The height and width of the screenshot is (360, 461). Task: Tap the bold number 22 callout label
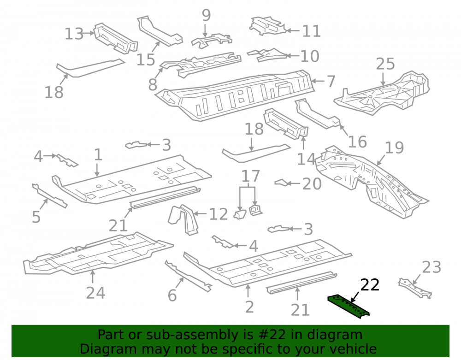pos(370,285)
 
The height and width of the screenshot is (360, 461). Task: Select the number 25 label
pos(385,64)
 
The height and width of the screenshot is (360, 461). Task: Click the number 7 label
pos(331,81)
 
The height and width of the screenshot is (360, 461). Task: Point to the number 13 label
pos(74,34)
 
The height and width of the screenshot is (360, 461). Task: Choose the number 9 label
pos(207,15)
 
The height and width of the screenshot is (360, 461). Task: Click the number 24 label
pos(95,293)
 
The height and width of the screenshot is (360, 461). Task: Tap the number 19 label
pos(394,148)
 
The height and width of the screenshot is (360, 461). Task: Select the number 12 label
pos(219,214)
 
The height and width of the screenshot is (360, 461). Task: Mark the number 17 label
pos(250,177)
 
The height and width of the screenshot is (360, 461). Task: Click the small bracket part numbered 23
pos(415,289)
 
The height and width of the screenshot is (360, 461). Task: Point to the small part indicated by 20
pos(281,183)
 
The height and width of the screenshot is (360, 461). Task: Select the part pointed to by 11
pos(267,26)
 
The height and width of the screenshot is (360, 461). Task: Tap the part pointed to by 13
pos(116,39)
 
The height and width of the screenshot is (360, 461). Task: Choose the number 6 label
pos(172,295)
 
